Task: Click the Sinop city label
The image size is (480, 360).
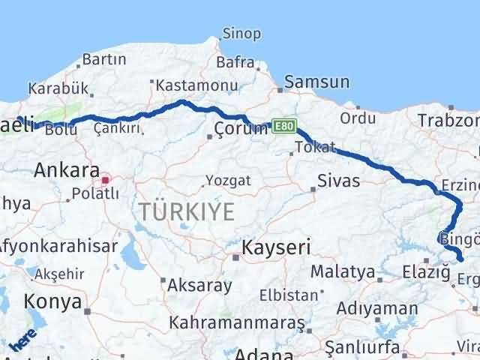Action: pos(241,34)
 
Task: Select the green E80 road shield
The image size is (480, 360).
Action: pos(285,125)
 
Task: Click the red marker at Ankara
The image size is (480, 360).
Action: pos(106,179)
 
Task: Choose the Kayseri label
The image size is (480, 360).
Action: pos(276,247)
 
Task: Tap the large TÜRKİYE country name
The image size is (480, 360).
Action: pos(186,212)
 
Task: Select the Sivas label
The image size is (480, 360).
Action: pos(338,181)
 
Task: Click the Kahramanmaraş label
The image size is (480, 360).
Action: pos(237,323)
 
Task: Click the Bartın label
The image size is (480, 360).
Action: pos(103,58)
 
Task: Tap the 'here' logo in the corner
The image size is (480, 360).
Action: pos(25,342)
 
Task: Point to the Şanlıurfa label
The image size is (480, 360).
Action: pos(358,347)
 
